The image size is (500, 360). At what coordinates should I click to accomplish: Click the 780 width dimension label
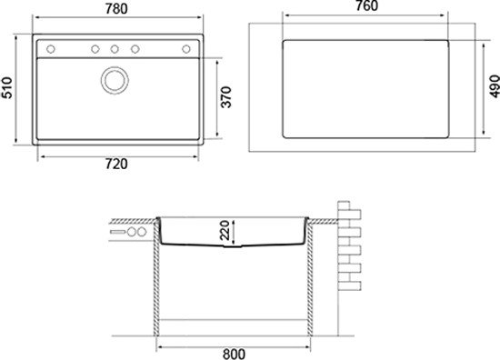(x=116, y=8)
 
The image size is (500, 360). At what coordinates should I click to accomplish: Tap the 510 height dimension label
(x=6, y=87)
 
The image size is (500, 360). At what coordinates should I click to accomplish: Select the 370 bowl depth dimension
(x=226, y=97)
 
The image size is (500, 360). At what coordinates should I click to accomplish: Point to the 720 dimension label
(x=116, y=164)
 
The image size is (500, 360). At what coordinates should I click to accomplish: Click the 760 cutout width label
(x=366, y=5)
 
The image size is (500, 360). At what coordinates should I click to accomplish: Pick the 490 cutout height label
(x=495, y=86)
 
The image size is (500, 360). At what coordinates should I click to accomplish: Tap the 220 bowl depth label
(x=225, y=230)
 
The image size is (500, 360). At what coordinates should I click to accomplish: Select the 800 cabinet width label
(x=234, y=354)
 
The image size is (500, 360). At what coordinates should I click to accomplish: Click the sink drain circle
(x=115, y=80)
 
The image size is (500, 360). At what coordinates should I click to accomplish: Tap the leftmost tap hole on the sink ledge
(x=51, y=49)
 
